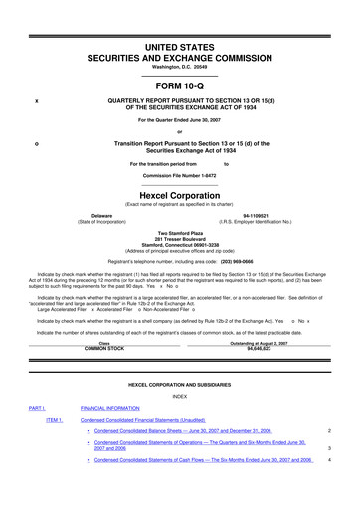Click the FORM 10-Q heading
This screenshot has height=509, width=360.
click(179, 83)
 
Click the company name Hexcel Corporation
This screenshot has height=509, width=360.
click(179, 198)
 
